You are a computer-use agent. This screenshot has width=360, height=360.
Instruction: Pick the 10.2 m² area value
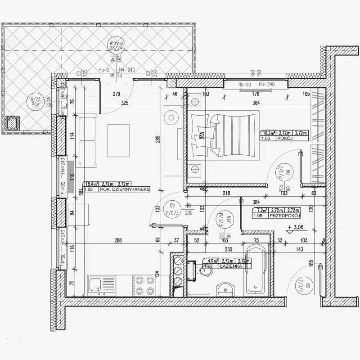coord(269,133)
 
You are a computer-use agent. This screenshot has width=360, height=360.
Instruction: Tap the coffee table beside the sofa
coord(118,140)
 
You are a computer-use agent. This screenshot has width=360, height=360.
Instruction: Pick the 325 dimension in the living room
coord(125,103)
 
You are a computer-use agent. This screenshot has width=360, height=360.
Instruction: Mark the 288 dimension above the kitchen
coord(118,241)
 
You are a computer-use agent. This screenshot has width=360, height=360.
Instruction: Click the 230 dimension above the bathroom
coord(229,250)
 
